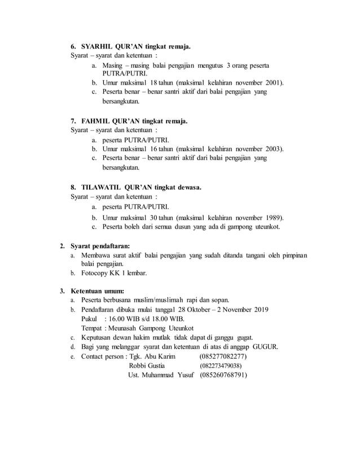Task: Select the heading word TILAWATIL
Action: pyautogui.click(x=106, y=187)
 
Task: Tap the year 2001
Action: pyautogui.click(x=273, y=82)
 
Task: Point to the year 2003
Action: pyautogui.click(x=273, y=148)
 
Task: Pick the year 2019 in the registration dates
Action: pyautogui.click(x=259, y=309)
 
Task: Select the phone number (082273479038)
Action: pyautogui.click(x=223, y=366)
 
